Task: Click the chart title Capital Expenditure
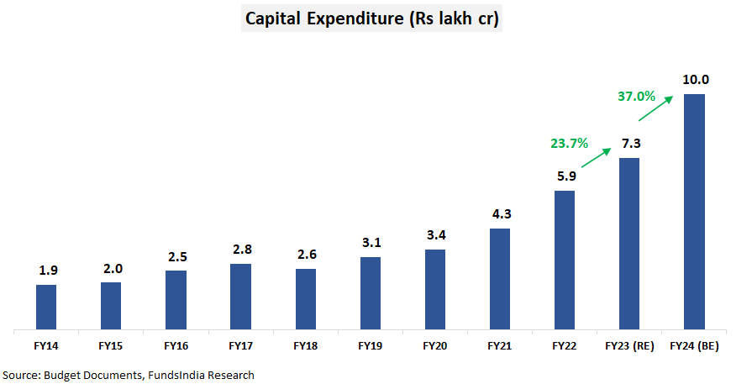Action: (x=372, y=18)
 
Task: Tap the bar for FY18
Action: (x=306, y=298)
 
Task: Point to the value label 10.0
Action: (x=696, y=80)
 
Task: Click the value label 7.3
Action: (x=631, y=144)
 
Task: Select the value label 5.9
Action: (x=565, y=177)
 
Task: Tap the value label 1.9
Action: (x=46, y=271)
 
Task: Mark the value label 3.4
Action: (x=435, y=235)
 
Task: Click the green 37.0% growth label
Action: (x=636, y=97)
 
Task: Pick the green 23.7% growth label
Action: (x=571, y=143)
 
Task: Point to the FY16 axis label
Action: (x=176, y=345)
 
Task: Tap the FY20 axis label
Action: (x=435, y=345)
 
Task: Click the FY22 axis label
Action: (x=565, y=345)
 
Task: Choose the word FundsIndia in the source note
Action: (x=176, y=375)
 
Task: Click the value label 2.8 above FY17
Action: (x=240, y=250)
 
